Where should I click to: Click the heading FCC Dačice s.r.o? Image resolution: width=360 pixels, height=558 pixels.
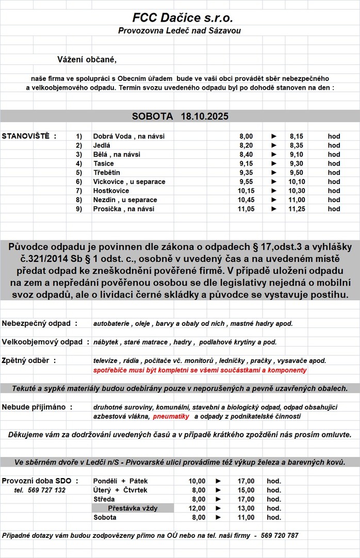(183, 18)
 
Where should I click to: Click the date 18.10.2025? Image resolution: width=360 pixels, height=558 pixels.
(204, 117)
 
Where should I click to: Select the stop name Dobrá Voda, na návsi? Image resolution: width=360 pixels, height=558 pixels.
(132, 136)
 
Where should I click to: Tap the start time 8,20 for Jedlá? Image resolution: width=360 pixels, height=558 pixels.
(246, 145)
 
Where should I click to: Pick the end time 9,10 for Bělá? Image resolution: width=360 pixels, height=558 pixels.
(296, 154)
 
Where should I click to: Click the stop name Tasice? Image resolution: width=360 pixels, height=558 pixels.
(104, 163)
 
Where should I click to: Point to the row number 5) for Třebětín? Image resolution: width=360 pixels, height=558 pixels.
(79, 172)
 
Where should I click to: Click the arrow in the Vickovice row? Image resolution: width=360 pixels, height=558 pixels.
(274, 182)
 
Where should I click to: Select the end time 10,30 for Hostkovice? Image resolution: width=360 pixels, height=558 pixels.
(296, 191)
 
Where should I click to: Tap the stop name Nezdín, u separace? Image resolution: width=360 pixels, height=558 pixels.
(125, 200)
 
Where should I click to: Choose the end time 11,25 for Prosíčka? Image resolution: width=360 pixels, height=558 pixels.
(296, 209)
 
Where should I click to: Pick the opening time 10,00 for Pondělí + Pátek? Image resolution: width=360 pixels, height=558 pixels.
(198, 481)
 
